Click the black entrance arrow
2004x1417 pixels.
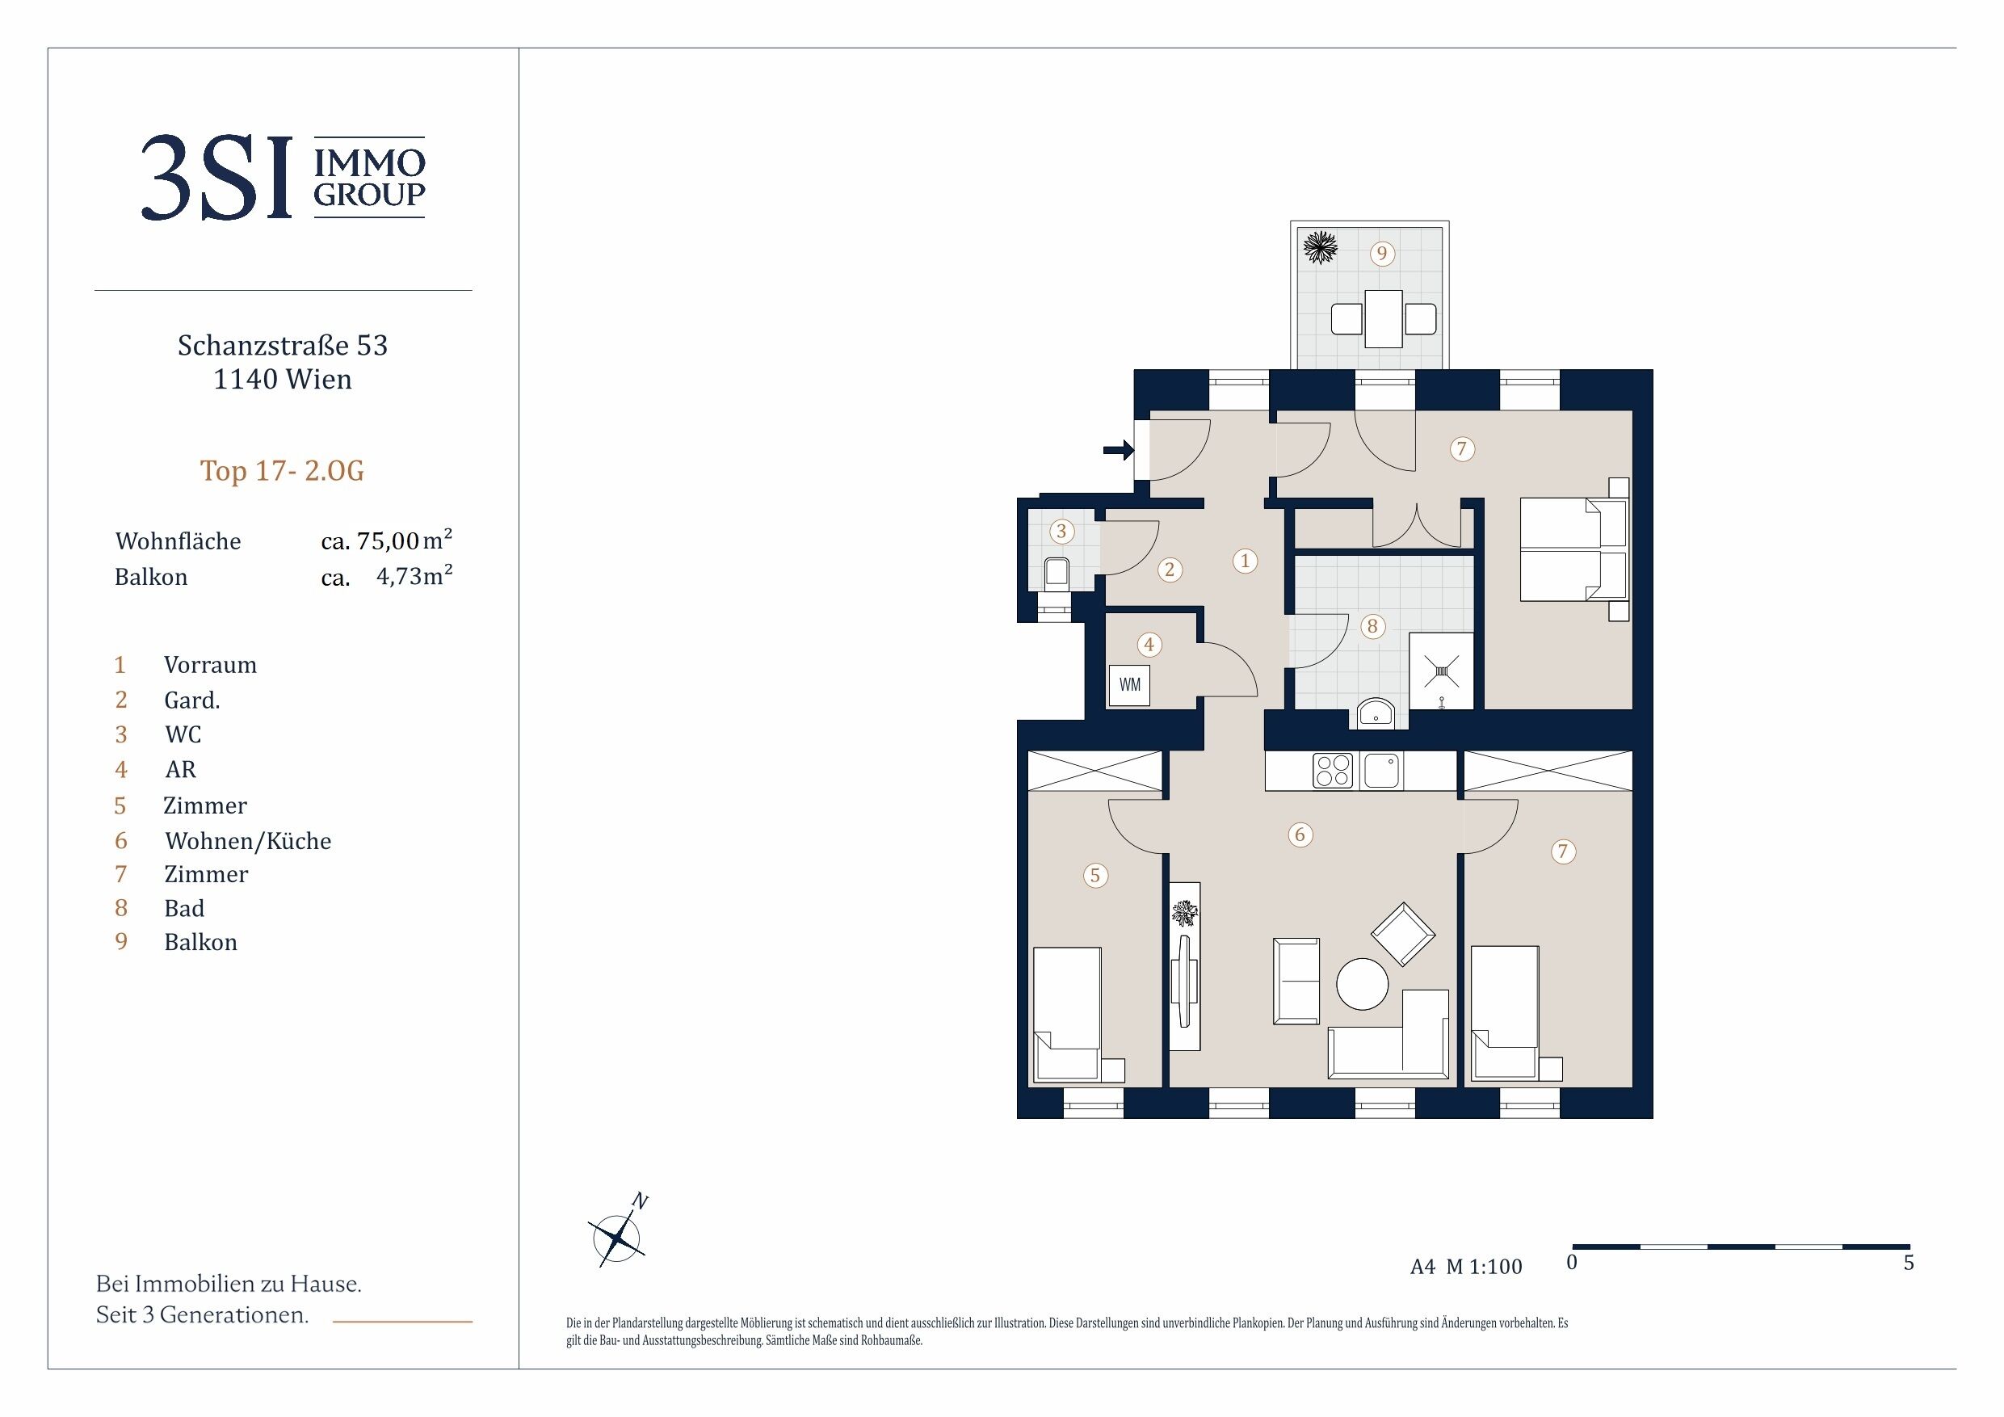[x=1118, y=451]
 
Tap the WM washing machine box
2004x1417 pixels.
[x=1129, y=685]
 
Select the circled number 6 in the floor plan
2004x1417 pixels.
[x=1300, y=835]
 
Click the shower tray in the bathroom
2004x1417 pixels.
[x=1441, y=671]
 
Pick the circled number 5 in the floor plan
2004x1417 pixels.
[x=1095, y=875]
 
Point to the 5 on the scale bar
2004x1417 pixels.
[x=1909, y=1264]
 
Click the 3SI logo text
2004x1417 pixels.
[x=216, y=178]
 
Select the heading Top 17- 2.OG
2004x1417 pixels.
[x=282, y=471]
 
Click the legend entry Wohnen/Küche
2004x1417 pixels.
[x=248, y=841]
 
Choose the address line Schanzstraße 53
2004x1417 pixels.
[x=283, y=346]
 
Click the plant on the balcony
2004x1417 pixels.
[x=1320, y=246]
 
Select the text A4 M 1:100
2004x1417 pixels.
[x=1466, y=1267]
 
